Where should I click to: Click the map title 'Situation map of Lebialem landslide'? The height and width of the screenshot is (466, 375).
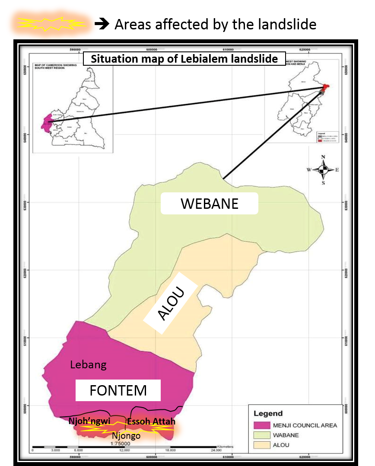coord(184,59)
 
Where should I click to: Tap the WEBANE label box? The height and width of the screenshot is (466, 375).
coord(210,204)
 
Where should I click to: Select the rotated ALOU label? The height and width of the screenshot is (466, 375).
coord(171,303)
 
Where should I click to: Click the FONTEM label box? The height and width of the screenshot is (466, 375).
coord(118,390)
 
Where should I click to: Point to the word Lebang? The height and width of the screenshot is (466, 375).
coord(88,365)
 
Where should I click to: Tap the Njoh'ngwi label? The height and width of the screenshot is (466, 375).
coord(89,421)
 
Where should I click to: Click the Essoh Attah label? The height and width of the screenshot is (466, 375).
coord(151,421)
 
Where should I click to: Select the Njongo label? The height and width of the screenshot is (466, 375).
coord(126,436)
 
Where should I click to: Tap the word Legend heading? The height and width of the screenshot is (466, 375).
coord(268,413)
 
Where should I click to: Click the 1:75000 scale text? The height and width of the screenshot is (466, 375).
coord(121,444)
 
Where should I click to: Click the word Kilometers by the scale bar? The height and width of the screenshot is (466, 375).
coord(225,446)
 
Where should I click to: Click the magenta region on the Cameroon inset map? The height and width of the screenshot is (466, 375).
coord(45,123)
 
